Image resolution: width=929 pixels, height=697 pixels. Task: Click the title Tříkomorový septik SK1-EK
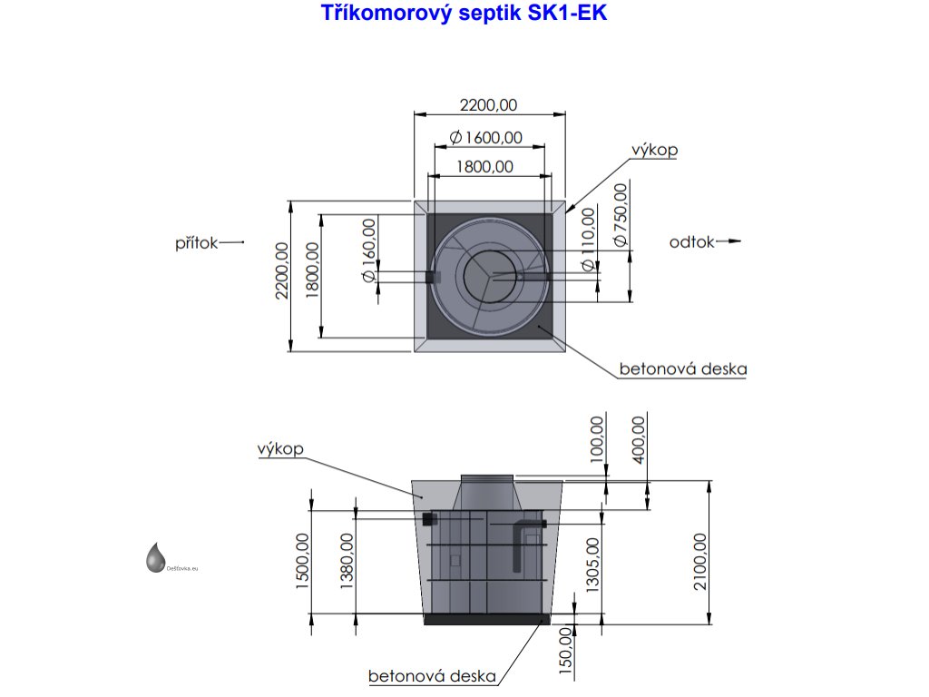464,15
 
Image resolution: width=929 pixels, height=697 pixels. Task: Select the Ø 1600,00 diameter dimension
487,137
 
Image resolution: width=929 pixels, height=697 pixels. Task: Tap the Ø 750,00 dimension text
621,215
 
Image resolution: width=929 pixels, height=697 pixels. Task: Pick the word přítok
197,242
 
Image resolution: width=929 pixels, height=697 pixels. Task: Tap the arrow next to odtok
729,241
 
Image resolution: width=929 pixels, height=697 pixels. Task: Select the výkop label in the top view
655,151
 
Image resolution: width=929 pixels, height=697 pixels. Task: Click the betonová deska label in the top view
682,369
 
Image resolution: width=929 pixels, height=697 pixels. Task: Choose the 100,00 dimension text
596,440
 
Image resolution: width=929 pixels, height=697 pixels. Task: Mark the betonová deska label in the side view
432,676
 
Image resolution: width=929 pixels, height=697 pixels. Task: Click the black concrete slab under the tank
487,620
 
